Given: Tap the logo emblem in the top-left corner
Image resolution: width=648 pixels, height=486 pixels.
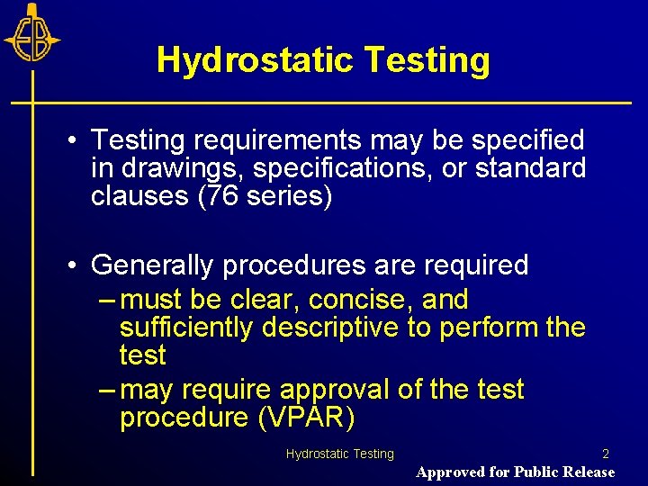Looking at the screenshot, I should point(31,37).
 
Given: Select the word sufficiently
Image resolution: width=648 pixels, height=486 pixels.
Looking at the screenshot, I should point(186,328).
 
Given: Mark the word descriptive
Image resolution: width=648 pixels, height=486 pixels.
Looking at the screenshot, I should point(329,328).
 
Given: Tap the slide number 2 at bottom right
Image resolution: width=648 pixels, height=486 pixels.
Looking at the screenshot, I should point(606,454).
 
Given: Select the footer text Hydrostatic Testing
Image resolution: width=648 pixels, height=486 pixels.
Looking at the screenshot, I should point(340,454).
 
